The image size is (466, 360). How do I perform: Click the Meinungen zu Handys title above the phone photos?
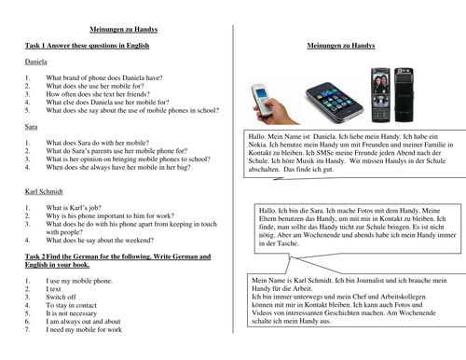(x=350, y=46)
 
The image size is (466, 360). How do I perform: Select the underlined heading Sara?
(x=32, y=123)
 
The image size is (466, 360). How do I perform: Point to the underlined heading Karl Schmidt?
(x=45, y=192)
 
